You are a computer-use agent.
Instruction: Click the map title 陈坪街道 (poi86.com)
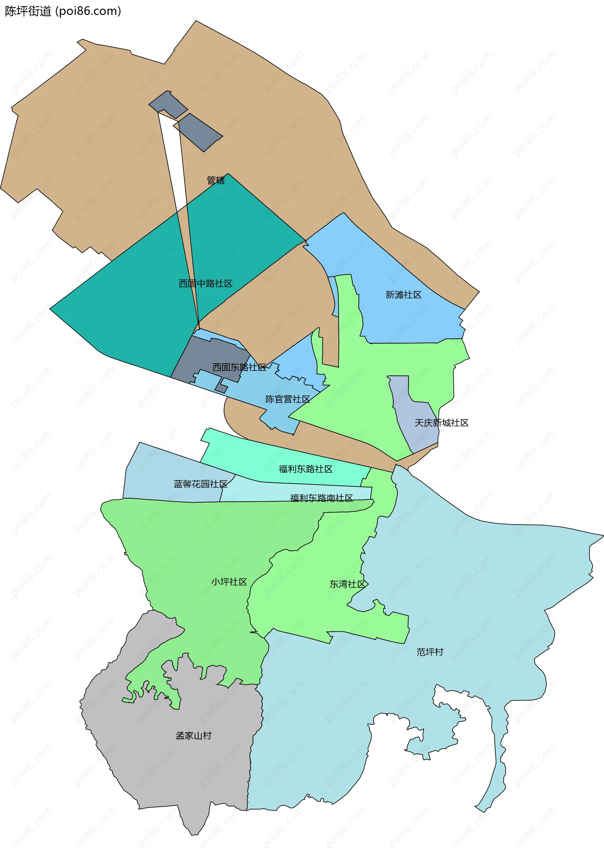pos(63,11)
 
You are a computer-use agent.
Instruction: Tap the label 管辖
pos(216,180)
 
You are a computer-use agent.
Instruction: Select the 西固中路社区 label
pos(205,283)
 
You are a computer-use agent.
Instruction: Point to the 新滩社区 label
pos(403,295)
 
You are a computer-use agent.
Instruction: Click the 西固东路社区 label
pos(239,367)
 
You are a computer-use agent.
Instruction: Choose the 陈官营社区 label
pos(287,399)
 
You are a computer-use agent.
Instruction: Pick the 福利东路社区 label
pos(305,469)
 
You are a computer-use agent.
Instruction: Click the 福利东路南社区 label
pos(321,498)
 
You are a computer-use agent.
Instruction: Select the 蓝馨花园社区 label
pos(200,484)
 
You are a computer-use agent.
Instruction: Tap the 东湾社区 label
pos(347,584)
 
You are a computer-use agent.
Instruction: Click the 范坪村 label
pos(430,652)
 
